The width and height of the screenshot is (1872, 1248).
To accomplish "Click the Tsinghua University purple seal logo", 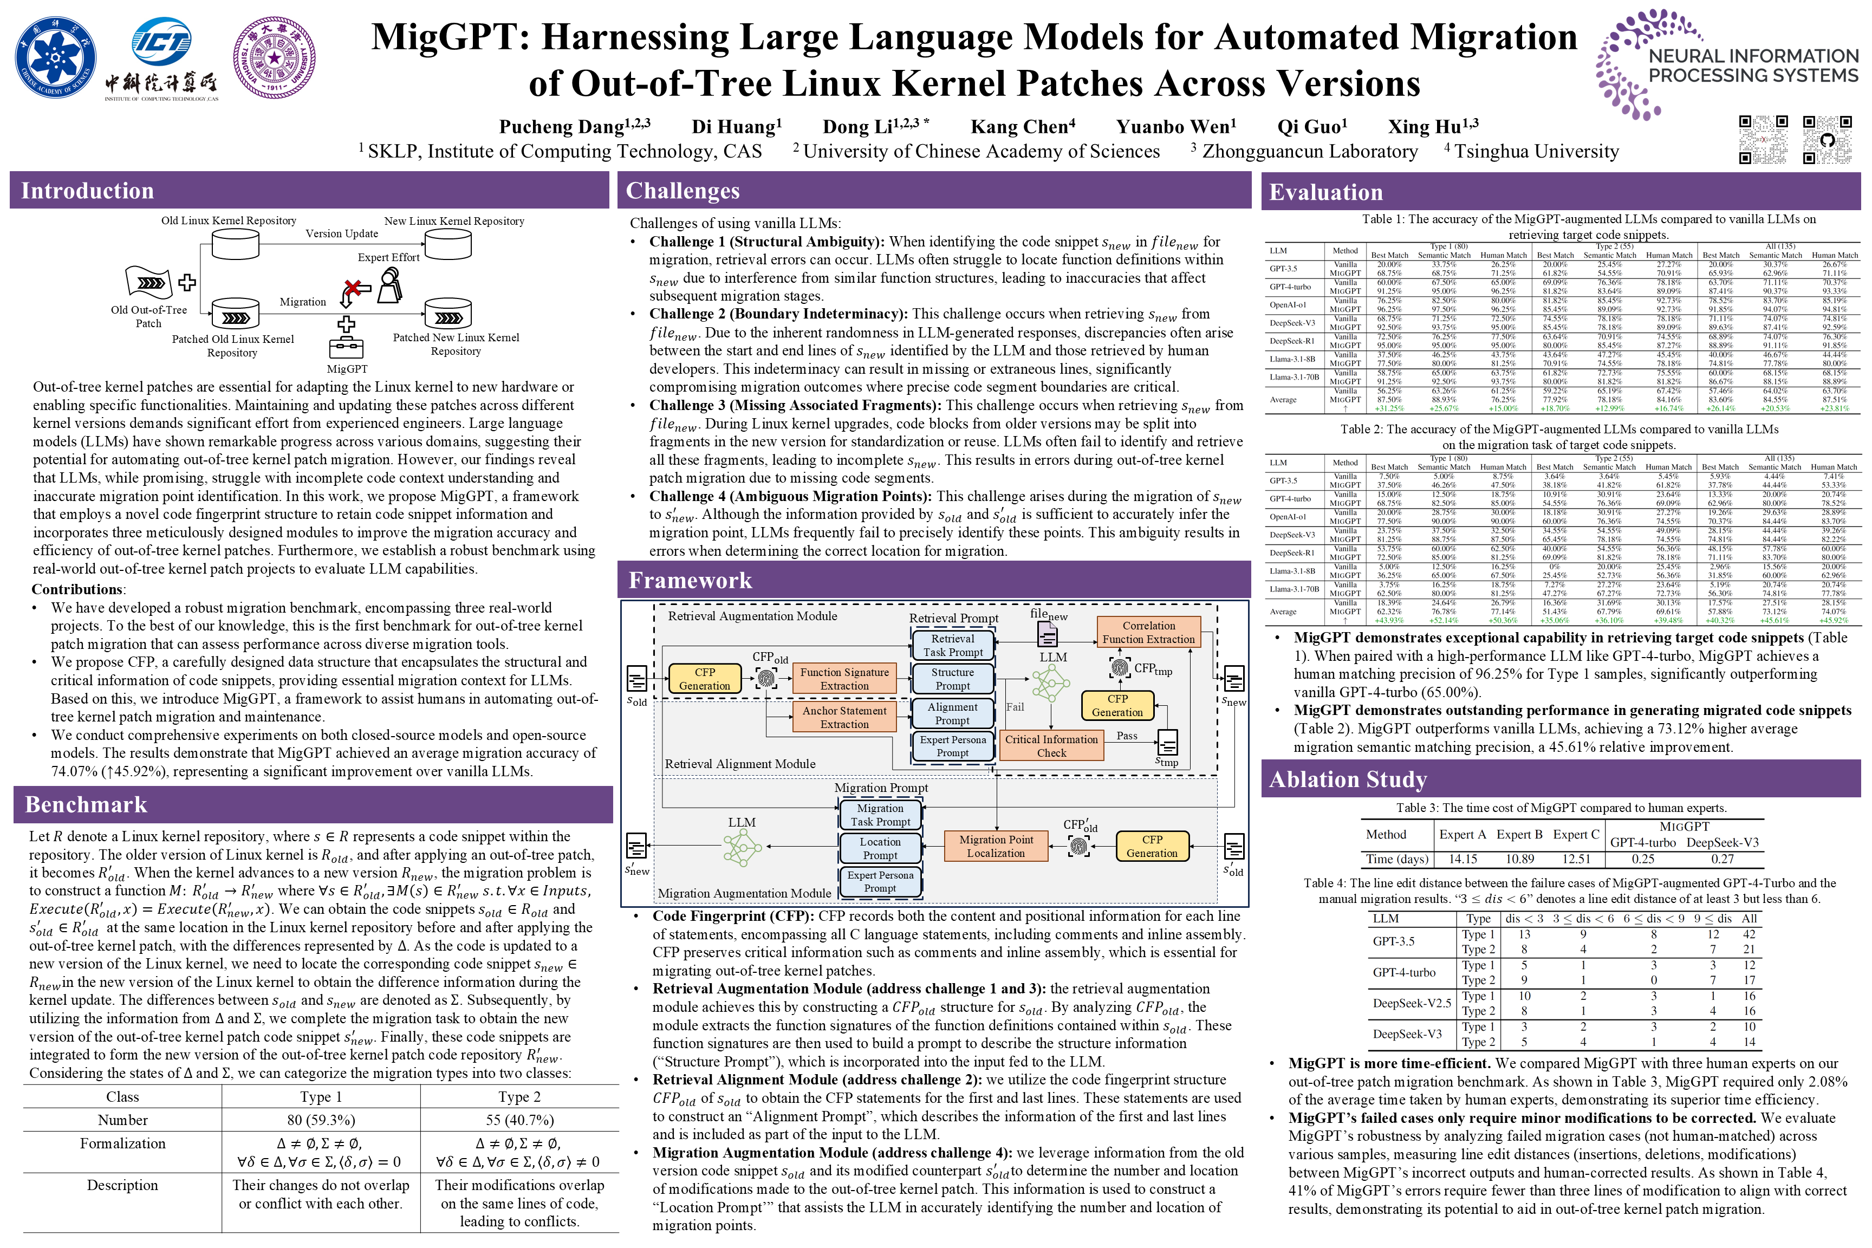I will pyautogui.click(x=274, y=57).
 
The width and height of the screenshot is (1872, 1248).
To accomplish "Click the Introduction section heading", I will pyautogui.click(x=88, y=191).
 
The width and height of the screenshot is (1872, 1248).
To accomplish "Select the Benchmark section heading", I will pyautogui.click(x=86, y=805).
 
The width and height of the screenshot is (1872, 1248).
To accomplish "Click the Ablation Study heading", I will pyautogui.click(x=1348, y=779).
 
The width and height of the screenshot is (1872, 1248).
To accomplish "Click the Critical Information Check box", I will pyautogui.click(x=1051, y=746).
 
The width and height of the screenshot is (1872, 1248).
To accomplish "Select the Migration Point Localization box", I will pyautogui.click(x=996, y=846).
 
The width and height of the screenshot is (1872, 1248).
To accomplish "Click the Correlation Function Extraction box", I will pyautogui.click(x=1148, y=632).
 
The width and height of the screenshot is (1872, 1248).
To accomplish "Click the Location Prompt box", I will pyautogui.click(x=880, y=848).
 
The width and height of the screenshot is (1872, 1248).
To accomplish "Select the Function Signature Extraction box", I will pyautogui.click(x=844, y=678).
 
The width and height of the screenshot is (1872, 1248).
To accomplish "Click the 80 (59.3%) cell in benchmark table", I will pyautogui.click(x=321, y=1120).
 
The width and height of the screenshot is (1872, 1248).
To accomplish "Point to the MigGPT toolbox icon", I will pyautogui.click(x=346, y=348).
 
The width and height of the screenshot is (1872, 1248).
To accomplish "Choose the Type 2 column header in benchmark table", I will pyautogui.click(x=519, y=1097).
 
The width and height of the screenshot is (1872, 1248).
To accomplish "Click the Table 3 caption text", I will pyautogui.click(x=1561, y=808).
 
